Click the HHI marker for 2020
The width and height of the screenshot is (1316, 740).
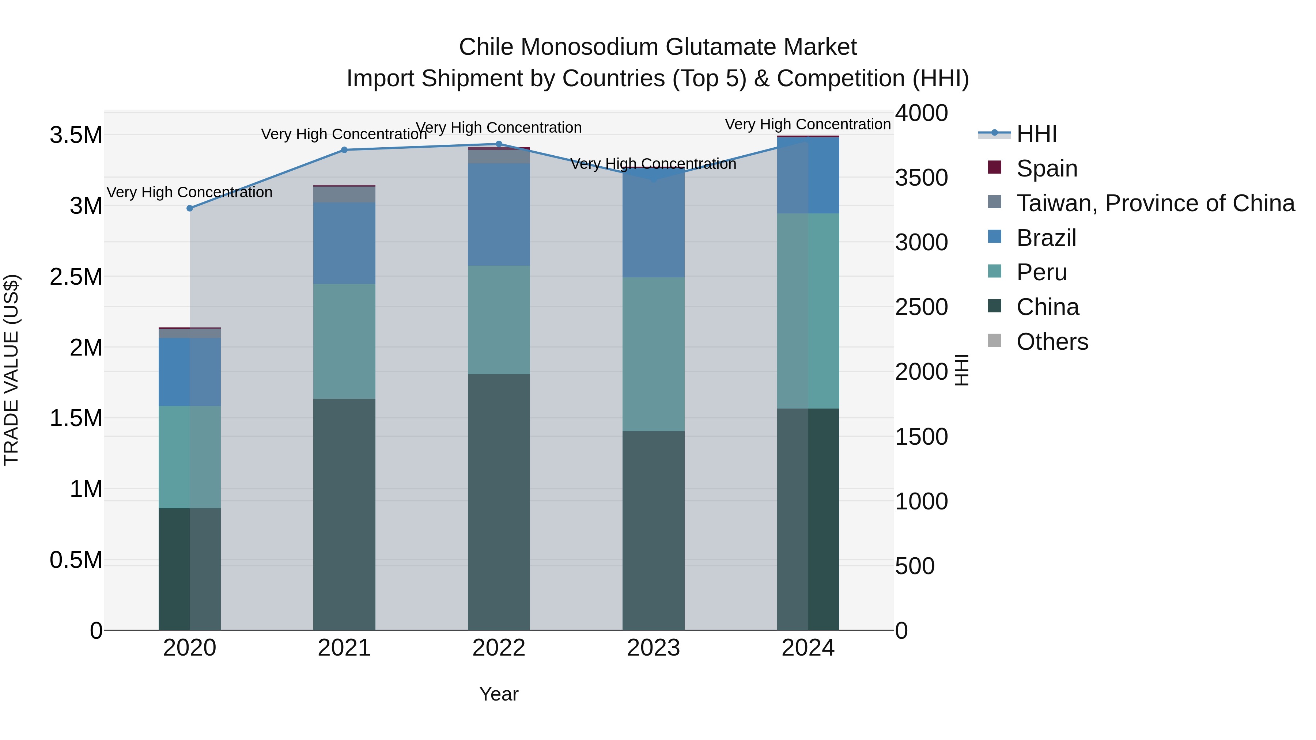pos(189,208)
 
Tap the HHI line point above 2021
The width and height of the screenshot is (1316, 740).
pos(344,150)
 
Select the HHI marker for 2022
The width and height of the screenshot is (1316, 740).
pos(499,144)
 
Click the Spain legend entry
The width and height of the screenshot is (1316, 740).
pos(1047,168)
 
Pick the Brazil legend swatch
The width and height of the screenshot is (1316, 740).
pos(995,237)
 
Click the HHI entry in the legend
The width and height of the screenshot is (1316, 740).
pos(1037,134)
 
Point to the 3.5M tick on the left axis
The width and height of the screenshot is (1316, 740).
pos(76,135)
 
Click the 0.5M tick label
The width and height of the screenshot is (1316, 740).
pos(76,560)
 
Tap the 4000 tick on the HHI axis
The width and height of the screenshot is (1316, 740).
pos(921,113)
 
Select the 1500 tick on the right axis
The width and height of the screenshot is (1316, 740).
pos(921,437)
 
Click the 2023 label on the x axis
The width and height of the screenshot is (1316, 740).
pos(653,648)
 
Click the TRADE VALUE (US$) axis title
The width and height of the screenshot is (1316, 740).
pos(11,370)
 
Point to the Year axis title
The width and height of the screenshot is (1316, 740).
pos(499,694)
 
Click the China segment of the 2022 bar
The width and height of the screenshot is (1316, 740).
pos(499,502)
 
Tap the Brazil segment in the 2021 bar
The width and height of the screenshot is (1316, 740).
pos(344,243)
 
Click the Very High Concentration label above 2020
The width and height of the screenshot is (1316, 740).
pos(189,193)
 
